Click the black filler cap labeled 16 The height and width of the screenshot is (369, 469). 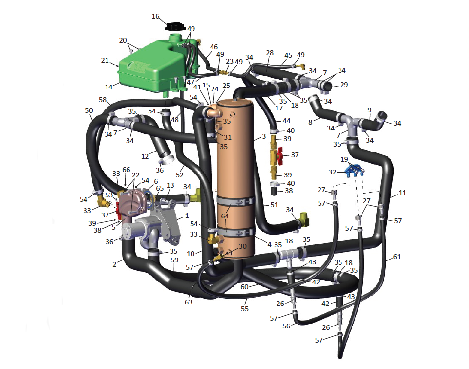pyautogui.click(x=175, y=26)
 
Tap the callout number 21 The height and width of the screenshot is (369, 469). pyautogui.click(x=105, y=60)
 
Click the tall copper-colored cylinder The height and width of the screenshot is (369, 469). pyautogui.click(x=235, y=179)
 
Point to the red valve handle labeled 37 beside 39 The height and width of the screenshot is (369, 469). pyautogui.click(x=279, y=155)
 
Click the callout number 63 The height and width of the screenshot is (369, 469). pyautogui.click(x=189, y=302)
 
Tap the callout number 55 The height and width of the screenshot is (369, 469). pyautogui.click(x=245, y=308)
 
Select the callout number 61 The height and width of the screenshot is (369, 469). pyautogui.click(x=397, y=257)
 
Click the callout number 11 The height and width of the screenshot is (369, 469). pyautogui.click(x=402, y=193)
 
